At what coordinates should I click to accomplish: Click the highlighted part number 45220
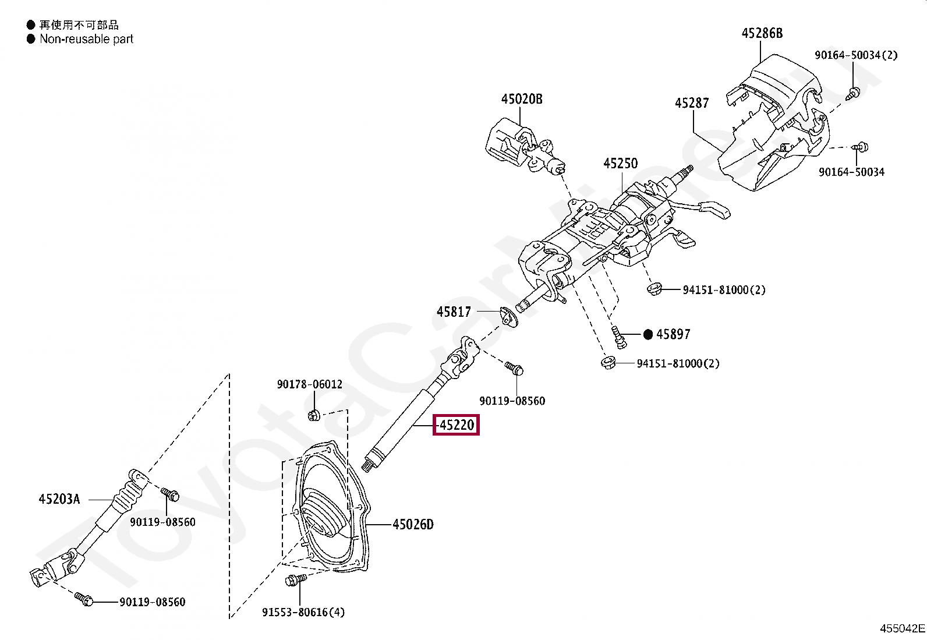pos(457,425)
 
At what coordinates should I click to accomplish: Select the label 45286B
pos(762,33)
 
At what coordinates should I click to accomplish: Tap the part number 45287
pos(692,103)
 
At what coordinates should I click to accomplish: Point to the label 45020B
pos(522,99)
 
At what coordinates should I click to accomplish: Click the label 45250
pos(620,164)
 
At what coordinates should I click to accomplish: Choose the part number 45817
pos(454,312)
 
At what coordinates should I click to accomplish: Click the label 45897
pos(673,334)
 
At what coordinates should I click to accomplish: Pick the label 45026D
pos(413,525)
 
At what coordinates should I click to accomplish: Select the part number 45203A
pos(59,499)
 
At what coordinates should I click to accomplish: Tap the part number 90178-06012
pos(309,384)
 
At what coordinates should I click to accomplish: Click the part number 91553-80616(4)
pos(303,612)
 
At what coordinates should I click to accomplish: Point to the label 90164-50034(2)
pos(855,55)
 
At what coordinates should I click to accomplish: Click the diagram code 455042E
pos(902,628)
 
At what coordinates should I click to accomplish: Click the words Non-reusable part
pos(86,39)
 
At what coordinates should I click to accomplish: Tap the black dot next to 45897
pos(648,334)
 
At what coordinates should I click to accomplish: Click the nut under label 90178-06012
pos(313,415)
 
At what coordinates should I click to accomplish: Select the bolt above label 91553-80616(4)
pos(295,580)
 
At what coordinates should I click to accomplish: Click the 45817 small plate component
pos(508,317)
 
